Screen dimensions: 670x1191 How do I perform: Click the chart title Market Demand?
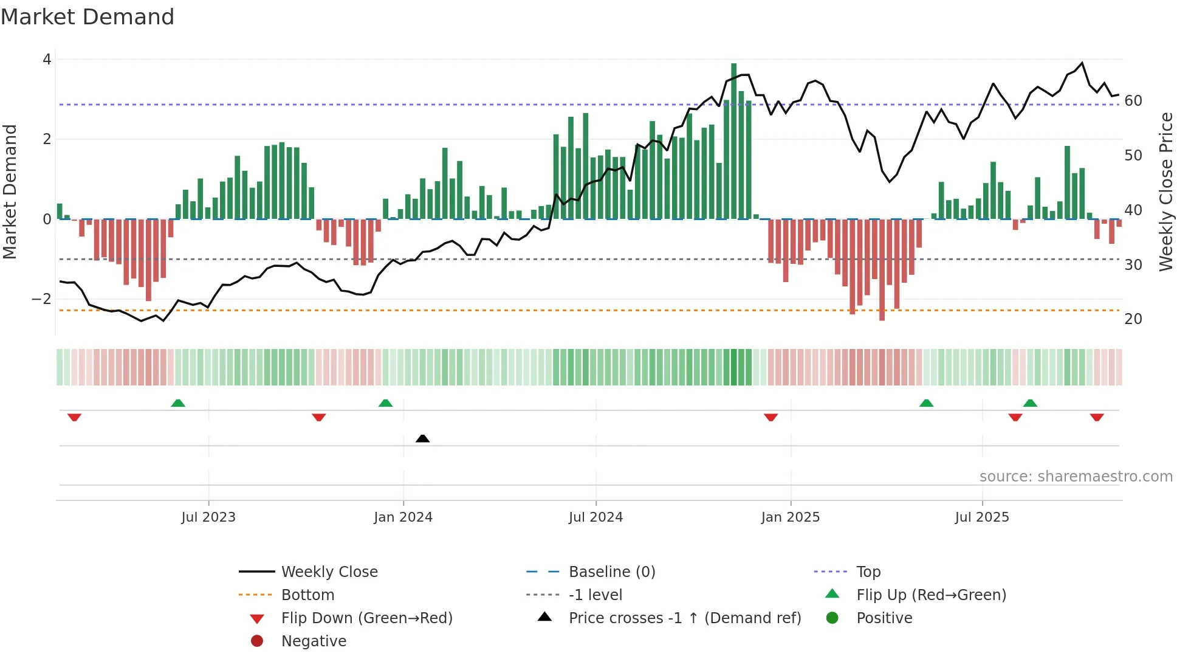pos(88,17)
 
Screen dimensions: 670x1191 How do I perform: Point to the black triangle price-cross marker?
pos(422,438)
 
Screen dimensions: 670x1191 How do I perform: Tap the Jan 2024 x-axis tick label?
pos(403,517)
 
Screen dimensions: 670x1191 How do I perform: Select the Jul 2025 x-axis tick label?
pos(981,517)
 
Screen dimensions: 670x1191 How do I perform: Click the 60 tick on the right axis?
pos(1133,101)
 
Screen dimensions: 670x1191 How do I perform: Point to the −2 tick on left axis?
pos(42,299)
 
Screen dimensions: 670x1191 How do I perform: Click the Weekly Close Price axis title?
pos(1165,192)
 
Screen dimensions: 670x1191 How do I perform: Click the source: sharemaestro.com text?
pos(1076,477)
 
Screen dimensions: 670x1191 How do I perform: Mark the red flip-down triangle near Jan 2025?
pos(771,417)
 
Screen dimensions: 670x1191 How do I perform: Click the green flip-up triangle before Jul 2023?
pos(178,403)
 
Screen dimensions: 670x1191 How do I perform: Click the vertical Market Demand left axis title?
pos(10,192)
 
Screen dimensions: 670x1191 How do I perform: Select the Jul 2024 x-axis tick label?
pos(595,517)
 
